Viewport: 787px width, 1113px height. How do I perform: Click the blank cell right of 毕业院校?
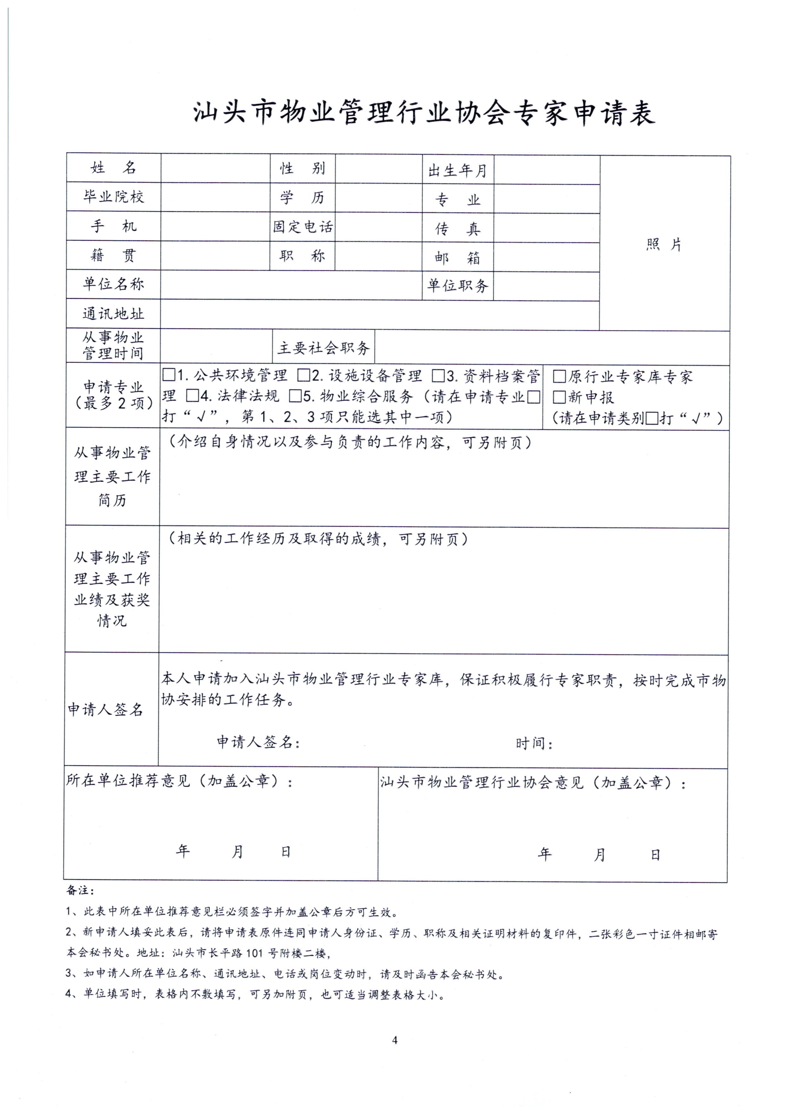[x=215, y=197]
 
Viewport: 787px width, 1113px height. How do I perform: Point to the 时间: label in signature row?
[x=534, y=743]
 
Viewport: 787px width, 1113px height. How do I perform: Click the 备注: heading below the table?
[x=80, y=891]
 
